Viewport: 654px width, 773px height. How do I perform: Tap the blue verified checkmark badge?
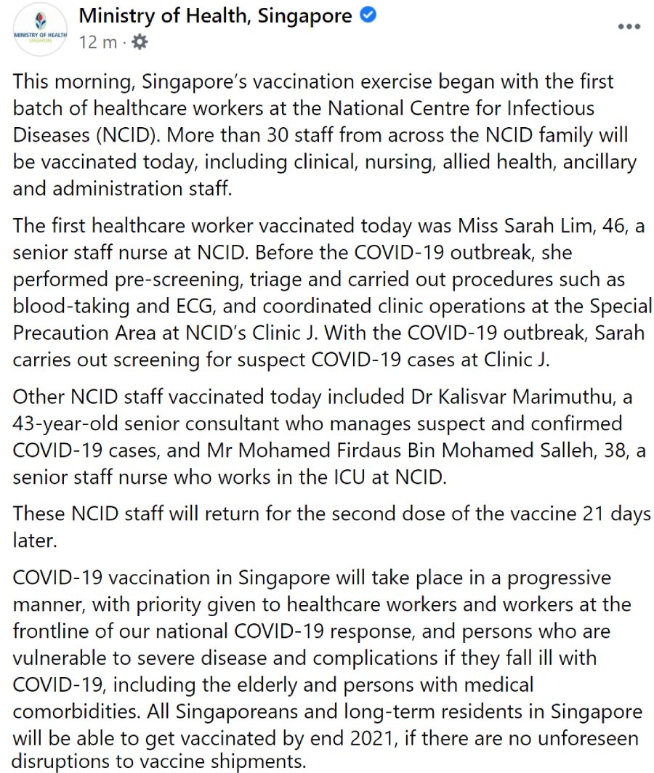368,15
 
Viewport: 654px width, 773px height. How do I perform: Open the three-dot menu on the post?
629,27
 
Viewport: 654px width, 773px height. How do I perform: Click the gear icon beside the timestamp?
139,42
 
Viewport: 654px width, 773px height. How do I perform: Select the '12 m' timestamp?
97,42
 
